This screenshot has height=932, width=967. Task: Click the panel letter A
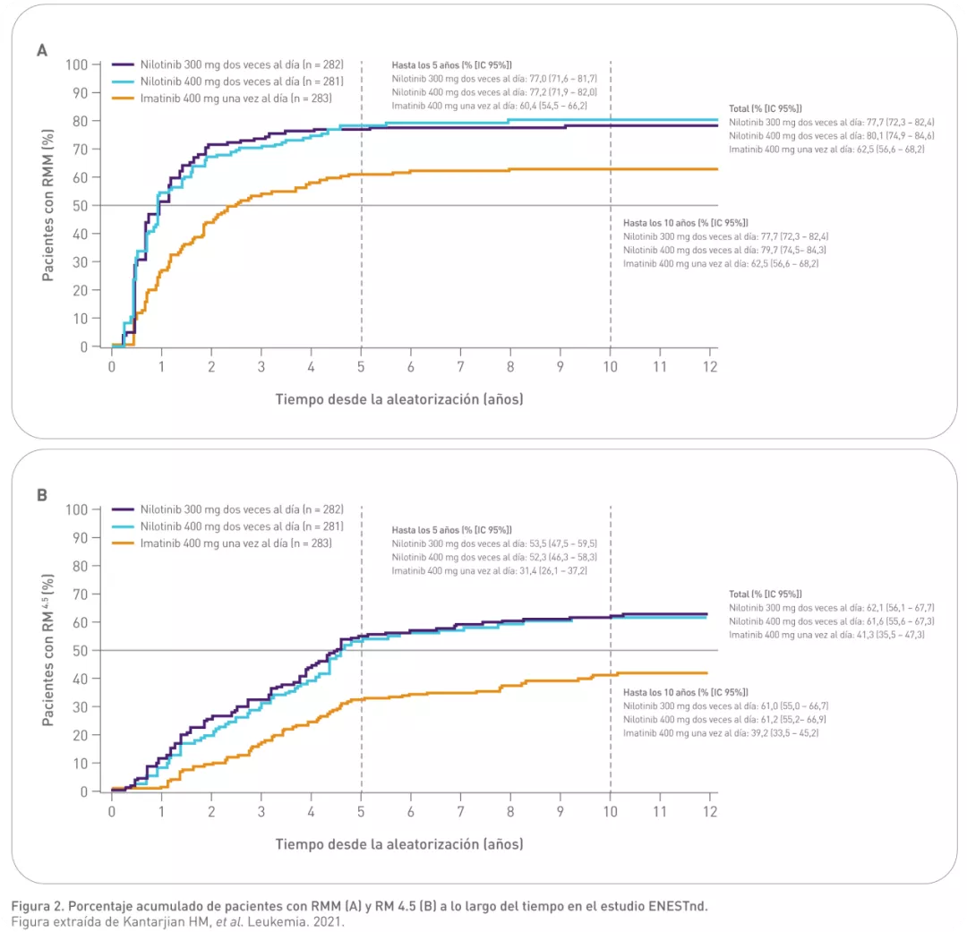[41, 51]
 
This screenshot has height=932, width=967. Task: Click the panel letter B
[41, 495]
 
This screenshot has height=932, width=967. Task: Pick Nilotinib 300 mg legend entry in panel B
[235, 509]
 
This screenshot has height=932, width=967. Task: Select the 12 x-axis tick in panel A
[708, 367]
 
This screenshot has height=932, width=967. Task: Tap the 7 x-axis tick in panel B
[460, 812]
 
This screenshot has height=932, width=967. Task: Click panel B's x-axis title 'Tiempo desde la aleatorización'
[398, 844]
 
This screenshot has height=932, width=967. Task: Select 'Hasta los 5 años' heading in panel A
[451, 65]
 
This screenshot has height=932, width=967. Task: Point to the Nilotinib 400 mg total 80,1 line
[832, 135]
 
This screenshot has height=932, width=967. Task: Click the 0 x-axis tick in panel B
[112, 812]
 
